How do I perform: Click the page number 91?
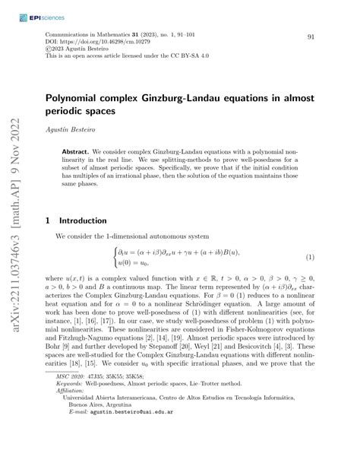point(311,37)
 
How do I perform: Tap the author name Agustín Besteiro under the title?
point(69,130)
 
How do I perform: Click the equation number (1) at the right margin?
point(310,258)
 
